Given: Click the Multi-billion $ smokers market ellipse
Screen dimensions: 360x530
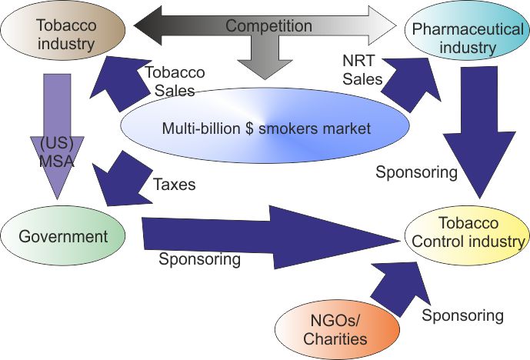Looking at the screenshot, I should tap(265, 128).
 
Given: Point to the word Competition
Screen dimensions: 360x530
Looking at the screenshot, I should tap(268, 26).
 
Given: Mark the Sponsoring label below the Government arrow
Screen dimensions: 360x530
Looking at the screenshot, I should tap(199, 259).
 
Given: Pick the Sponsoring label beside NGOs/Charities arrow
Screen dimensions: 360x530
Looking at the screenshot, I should tap(462, 315).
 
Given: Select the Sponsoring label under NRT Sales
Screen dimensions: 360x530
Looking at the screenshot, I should tap(416, 172).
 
